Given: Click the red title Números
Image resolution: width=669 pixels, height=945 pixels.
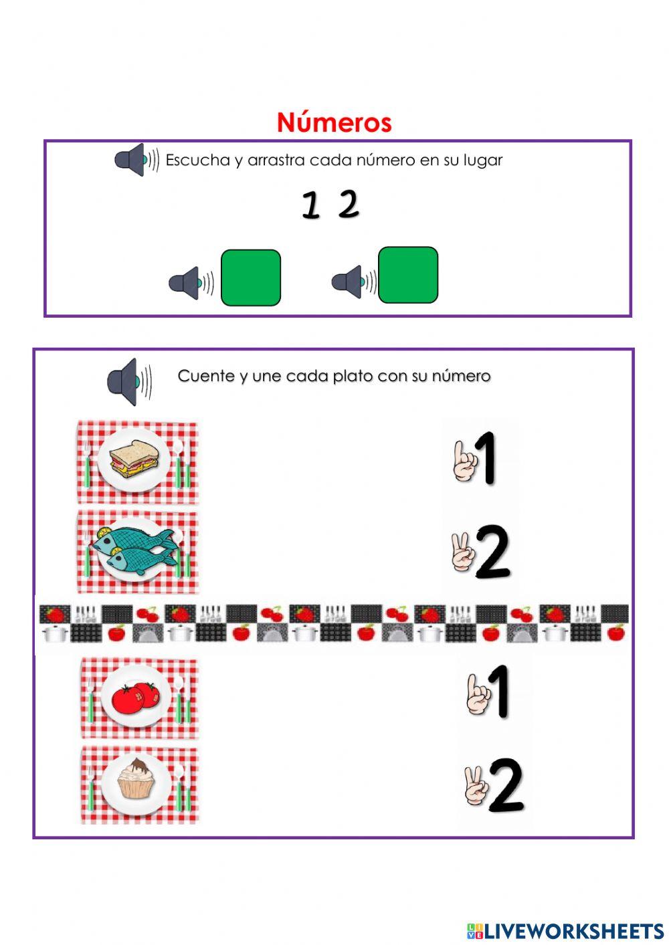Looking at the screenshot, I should (x=334, y=122).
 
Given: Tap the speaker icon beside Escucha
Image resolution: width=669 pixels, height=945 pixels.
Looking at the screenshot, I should (x=133, y=160).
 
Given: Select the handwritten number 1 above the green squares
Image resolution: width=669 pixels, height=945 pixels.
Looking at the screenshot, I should (x=310, y=205).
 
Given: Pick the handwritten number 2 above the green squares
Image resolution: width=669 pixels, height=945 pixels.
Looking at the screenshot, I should (x=349, y=204).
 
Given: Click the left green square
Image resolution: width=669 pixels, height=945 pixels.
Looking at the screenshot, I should (x=250, y=278).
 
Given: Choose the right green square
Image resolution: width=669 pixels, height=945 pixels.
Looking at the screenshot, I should (x=408, y=275).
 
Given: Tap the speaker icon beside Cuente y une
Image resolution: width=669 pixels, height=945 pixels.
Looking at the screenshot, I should (x=127, y=381).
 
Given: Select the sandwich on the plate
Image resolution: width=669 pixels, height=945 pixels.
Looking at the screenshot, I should (x=134, y=459).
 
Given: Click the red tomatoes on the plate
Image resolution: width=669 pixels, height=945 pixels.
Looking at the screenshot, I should (x=136, y=697).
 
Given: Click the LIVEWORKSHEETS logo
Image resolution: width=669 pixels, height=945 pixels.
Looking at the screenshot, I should (x=565, y=930).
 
